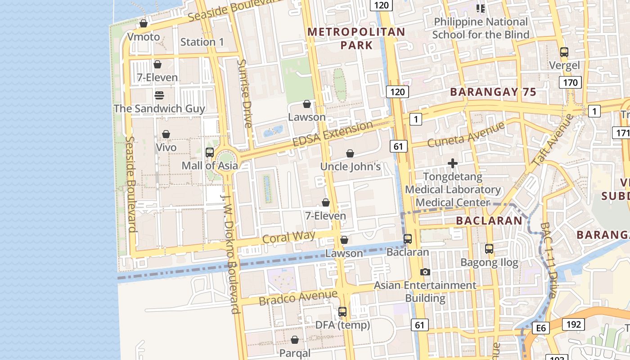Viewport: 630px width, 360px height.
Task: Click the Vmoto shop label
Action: (x=144, y=36)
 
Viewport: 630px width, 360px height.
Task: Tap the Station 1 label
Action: (x=202, y=42)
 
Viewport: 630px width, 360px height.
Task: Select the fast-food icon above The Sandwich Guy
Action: (x=159, y=95)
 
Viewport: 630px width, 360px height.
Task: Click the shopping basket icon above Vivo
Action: (x=166, y=134)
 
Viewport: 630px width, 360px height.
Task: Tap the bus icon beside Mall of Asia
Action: (x=209, y=152)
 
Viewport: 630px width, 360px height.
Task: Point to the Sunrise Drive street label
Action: (x=245, y=94)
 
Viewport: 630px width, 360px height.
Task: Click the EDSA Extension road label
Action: (x=333, y=133)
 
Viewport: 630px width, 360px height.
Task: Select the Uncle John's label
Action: (x=351, y=166)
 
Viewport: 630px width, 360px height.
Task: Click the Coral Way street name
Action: (x=288, y=237)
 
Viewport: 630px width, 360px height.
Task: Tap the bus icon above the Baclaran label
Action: (x=408, y=238)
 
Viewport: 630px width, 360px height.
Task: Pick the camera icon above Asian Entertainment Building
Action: (x=425, y=272)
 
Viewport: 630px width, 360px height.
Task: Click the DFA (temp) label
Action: (x=342, y=324)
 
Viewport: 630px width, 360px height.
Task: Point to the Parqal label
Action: (x=295, y=353)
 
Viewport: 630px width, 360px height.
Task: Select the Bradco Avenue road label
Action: (x=298, y=297)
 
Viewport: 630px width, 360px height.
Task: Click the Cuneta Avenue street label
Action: (x=466, y=134)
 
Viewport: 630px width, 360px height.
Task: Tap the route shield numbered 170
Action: (x=570, y=82)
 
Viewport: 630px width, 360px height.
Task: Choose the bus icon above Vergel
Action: (x=564, y=52)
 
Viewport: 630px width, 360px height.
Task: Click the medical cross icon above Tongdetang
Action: (x=453, y=163)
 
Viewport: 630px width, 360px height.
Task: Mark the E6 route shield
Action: (x=541, y=328)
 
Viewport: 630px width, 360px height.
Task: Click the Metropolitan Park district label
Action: (x=356, y=38)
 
